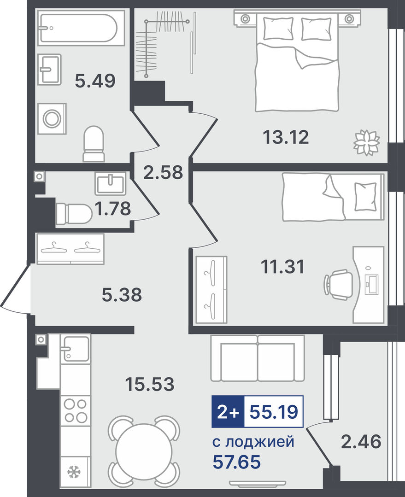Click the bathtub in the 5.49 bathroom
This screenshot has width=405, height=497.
(81, 28)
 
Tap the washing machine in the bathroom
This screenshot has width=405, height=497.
(52, 118)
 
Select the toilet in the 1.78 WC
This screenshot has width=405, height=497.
(74, 214)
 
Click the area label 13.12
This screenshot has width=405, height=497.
(286, 137)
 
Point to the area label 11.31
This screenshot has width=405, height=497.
(282, 267)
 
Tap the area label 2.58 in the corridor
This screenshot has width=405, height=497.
(163, 172)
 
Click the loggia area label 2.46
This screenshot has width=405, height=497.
(361, 442)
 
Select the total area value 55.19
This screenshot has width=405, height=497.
(274, 412)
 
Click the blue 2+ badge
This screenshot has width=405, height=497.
(228, 411)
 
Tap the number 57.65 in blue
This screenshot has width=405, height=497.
(236, 462)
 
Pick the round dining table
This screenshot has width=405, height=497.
(144, 450)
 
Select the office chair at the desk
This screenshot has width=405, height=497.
(338, 284)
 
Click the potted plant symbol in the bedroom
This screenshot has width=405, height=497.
(367, 142)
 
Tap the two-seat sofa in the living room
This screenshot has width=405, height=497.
(258, 358)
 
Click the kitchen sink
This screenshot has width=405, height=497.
(76, 349)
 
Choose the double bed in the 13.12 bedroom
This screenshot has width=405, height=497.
(297, 60)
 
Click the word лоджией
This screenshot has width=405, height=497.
(260, 442)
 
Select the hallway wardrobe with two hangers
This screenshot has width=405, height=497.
(70, 249)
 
